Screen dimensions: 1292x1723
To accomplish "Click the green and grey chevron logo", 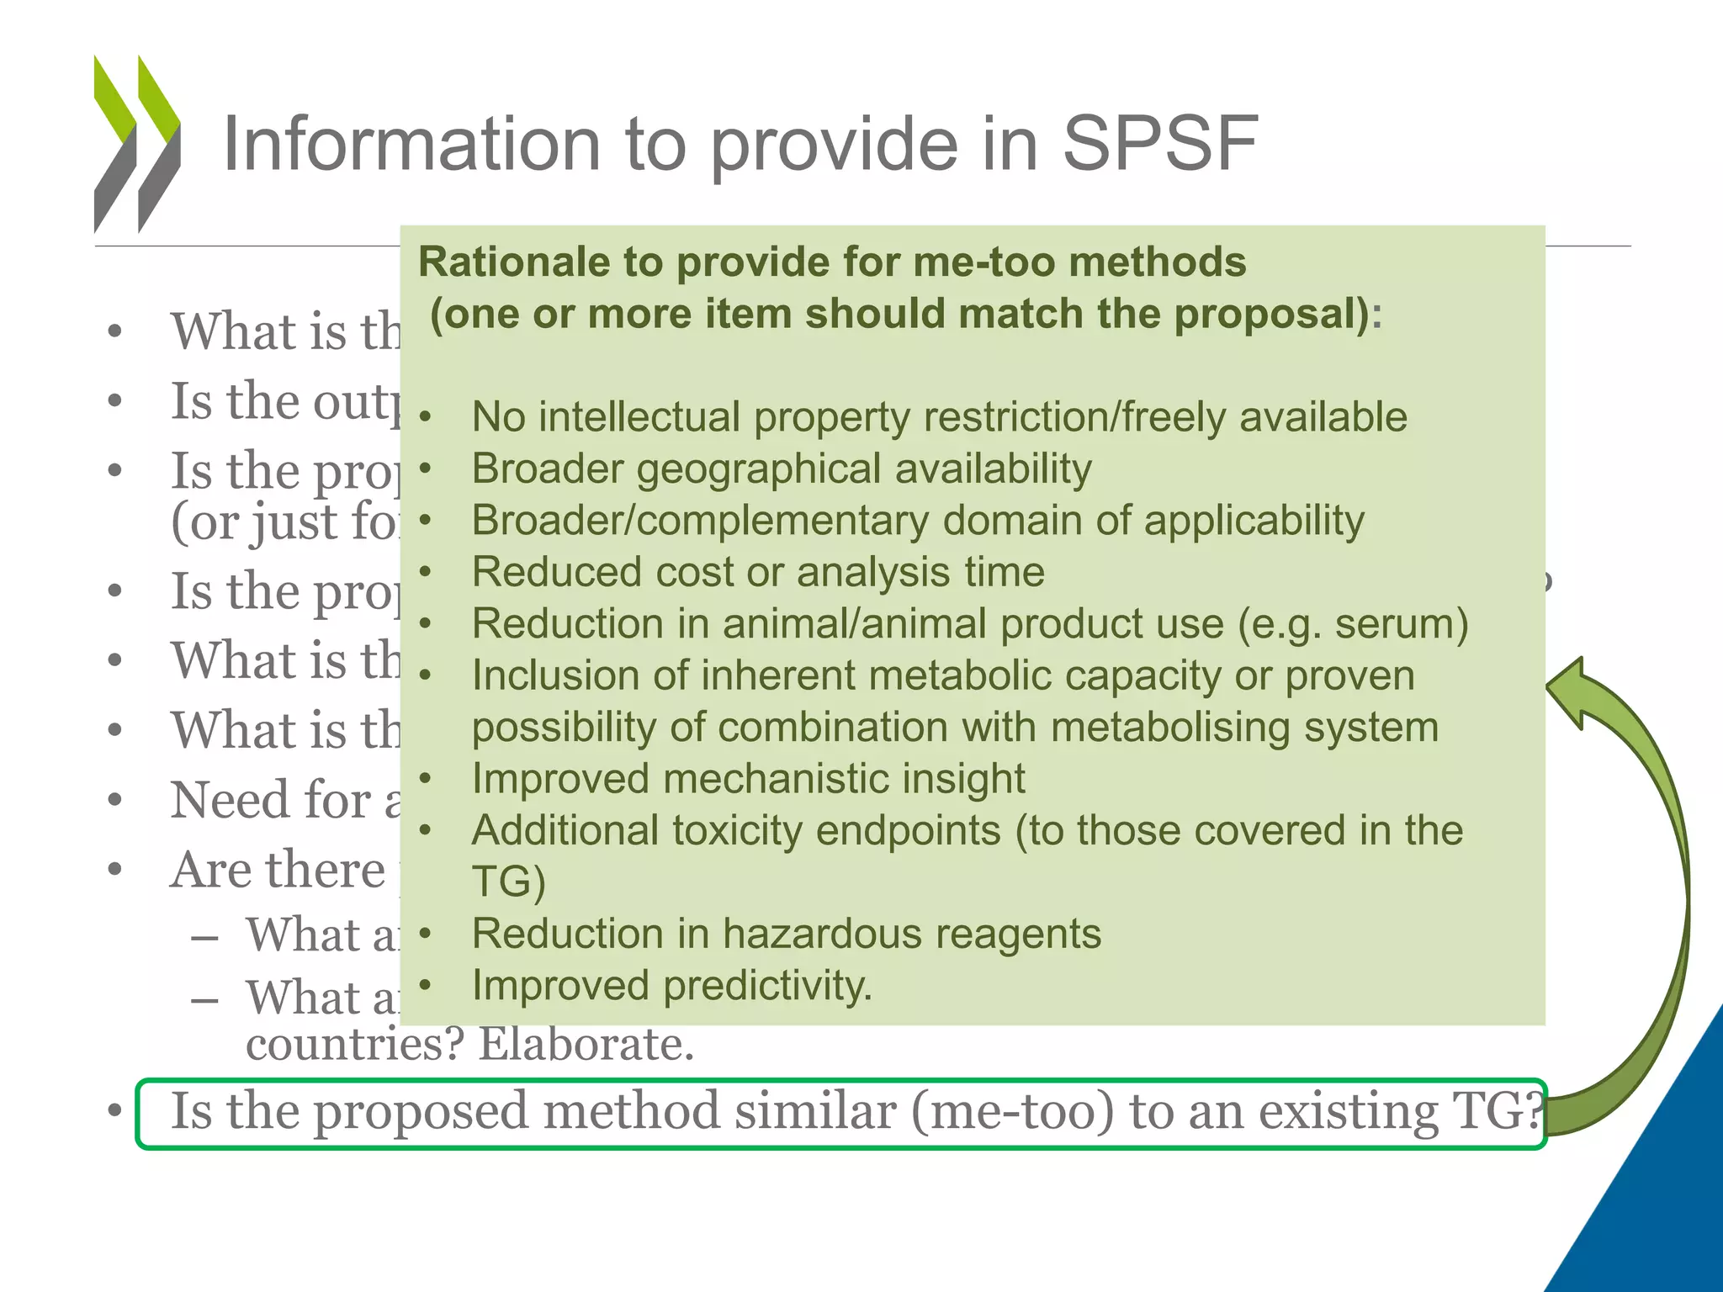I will [137, 144].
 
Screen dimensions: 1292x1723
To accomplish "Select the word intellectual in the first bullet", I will [639, 417].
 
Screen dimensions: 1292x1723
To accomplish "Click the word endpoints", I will [908, 831].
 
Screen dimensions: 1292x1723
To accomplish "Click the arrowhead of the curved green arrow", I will [1570, 690].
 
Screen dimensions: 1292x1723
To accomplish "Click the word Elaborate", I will [586, 1045].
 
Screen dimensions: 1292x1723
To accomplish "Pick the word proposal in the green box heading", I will [1271, 315].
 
